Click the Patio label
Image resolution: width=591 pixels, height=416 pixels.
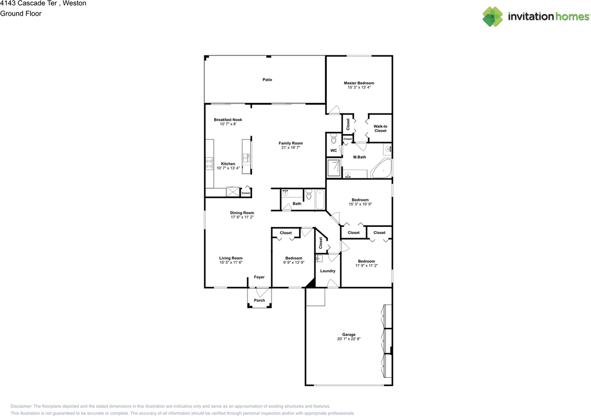(x=267, y=80)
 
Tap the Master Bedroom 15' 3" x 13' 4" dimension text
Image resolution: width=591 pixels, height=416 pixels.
(x=359, y=87)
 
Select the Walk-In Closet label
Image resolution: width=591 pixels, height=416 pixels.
(x=380, y=128)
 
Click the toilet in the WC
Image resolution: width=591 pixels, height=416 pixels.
(x=334, y=138)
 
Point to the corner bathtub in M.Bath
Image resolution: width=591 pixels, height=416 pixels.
(x=381, y=169)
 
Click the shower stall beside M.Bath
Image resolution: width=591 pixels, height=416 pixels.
(x=334, y=168)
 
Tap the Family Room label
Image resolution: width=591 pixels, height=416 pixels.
(x=290, y=143)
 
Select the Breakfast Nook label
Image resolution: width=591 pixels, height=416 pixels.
(x=228, y=120)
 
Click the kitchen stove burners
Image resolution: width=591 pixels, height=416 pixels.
(x=209, y=163)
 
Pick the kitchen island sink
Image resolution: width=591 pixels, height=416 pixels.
(x=246, y=158)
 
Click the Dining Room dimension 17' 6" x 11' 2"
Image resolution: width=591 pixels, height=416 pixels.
(x=242, y=217)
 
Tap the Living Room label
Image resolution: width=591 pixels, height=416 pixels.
(x=230, y=258)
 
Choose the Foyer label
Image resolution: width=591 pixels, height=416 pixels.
(x=259, y=277)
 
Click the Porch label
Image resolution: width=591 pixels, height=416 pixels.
(x=259, y=300)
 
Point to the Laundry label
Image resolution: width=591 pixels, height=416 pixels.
(x=328, y=271)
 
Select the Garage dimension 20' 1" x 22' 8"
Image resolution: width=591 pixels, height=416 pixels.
(x=349, y=339)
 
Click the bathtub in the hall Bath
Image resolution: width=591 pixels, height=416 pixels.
(x=320, y=200)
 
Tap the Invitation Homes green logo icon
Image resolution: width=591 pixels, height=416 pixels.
(x=493, y=17)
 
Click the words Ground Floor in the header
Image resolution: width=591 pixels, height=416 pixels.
(x=21, y=13)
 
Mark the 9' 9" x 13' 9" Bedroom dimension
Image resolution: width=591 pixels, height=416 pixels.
(x=294, y=262)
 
